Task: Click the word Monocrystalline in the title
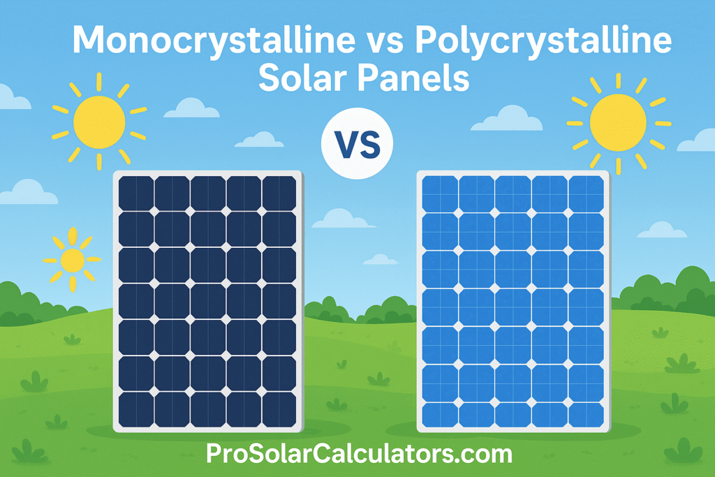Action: point(214,40)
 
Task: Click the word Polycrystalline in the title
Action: point(543,40)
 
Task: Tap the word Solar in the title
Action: point(303,78)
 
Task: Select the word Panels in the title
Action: point(413,78)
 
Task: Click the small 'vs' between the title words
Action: point(385,43)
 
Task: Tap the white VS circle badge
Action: point(357,144)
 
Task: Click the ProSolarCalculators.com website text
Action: point(359,454)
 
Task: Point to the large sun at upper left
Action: point(99,122)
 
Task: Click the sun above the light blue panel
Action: point(618,123)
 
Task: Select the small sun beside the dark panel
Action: point(72,260)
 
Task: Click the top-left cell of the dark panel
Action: point(136,193)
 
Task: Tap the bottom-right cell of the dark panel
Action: point(279,409)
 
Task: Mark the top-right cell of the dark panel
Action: point(279,193)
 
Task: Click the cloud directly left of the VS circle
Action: point(259,140)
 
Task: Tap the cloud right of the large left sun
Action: point(191,108)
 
